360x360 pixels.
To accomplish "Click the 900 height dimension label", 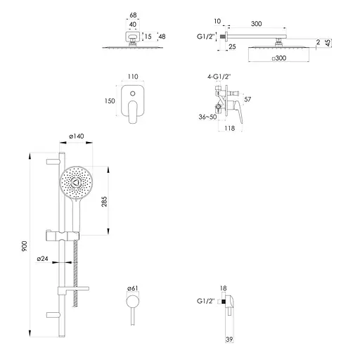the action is [x=25, y=246].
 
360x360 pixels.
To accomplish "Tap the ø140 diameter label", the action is [x=77, y=136].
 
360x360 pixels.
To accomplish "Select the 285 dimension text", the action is [x=104, y=202].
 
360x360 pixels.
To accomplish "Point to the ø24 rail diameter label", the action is [x=42, y=259].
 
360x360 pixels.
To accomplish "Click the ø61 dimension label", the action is [x=132, y=288].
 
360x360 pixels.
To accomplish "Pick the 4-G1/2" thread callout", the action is [x=219, y=77].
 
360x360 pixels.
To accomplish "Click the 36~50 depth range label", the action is [x=207, y=117].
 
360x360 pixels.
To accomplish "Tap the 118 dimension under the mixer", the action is [x=229, y=128].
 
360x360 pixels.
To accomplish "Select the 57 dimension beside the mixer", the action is [x=247, y=99].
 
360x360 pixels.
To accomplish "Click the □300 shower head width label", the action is [x=279, y=58].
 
